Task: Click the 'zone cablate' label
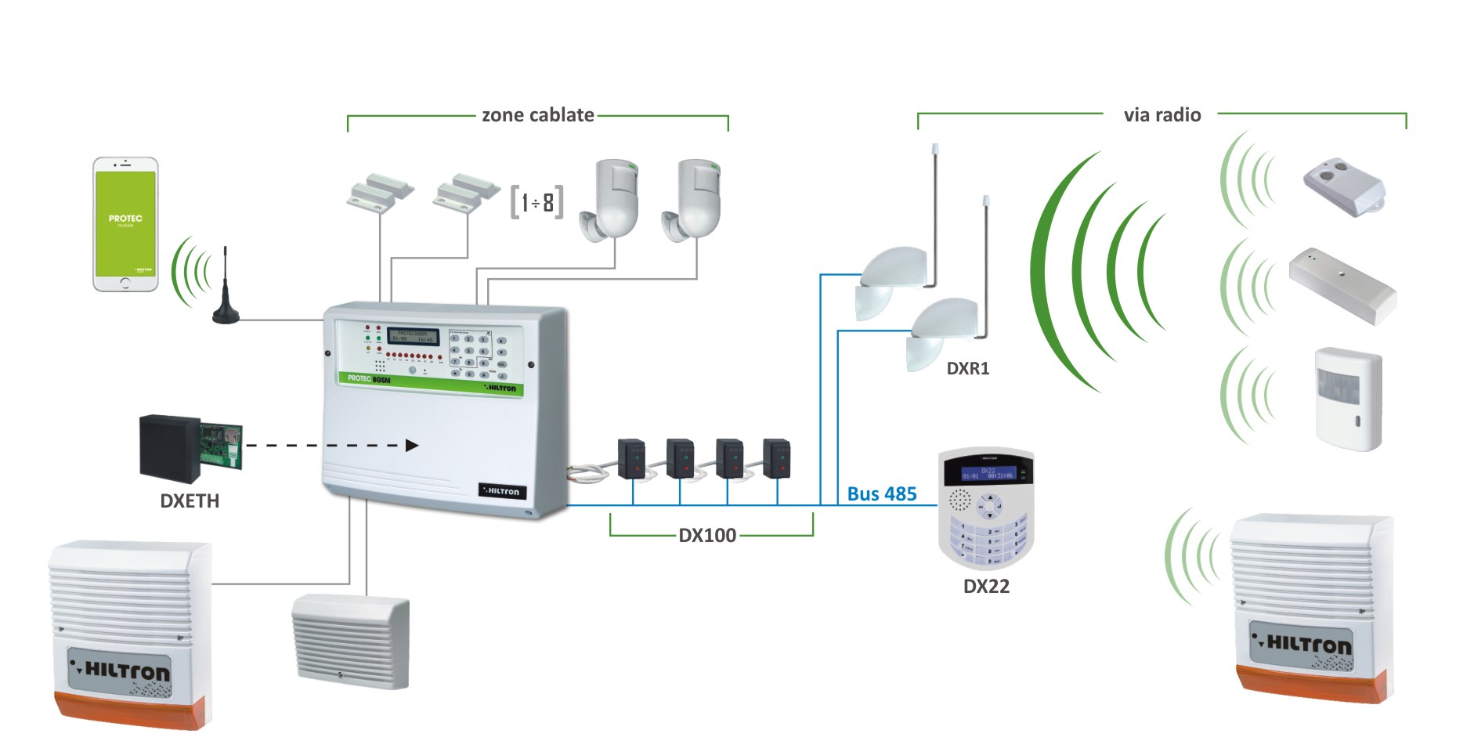pyautogui.click(x=537, y=115)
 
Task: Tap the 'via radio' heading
pyautogui.click(x=1161, y=115)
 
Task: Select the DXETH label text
pyautogui.click(x=190, y=501)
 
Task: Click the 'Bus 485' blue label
pyautogui.click(x=881, y=494)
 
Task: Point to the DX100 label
pyautogui.click(x=706, y=536)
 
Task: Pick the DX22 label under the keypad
pyautogui.click(x=986, y=587)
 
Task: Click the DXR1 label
pyautogui.click(x=968, y=369)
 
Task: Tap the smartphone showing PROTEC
pyautogui.click(x=125, y=224)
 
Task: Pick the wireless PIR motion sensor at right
pyautogui.click(x=1349, y=399)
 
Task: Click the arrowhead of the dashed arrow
pyautogui.click(x=412, y=446)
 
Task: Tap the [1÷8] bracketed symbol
pyautogui.click(x=536, y=203)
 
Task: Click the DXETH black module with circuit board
pyautogui.click(x=190, y=447)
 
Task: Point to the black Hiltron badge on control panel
pyautogui.click(x=502, y=491)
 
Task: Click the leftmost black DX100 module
pyautogui.click(x=631, y=458)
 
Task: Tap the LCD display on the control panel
pyautogui.click(x=413, y=336)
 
